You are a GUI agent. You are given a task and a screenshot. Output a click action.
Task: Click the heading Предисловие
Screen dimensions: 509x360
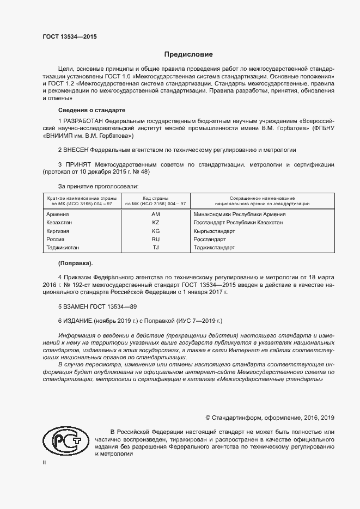tap(189, 54)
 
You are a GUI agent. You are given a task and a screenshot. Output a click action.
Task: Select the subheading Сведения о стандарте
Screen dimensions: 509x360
tap(91, 110)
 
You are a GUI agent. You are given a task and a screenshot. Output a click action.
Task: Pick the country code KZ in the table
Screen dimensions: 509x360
tap(155, 223)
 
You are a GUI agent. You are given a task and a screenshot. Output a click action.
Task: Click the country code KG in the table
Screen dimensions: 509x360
tap(155, 231)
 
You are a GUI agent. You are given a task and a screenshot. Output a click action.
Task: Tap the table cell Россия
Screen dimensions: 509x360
tap(56, 239)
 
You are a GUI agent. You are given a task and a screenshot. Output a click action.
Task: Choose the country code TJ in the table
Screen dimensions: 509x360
tap(155, 247)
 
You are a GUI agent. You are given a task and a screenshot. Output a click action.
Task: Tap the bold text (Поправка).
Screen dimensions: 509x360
tap(75, 263)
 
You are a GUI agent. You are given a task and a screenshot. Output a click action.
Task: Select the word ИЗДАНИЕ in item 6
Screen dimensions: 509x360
tap(78, 321)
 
